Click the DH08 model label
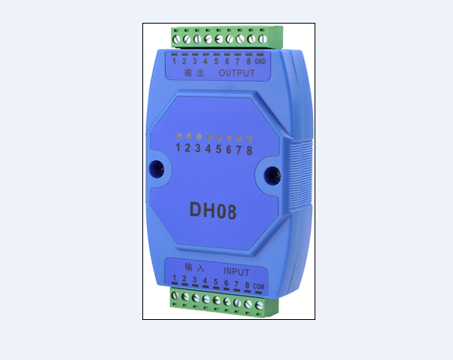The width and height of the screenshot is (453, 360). click(x=213, y=210)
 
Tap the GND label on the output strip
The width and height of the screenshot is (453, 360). click(x=260, y=61)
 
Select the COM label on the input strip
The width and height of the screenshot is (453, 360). click(x=259, y=286)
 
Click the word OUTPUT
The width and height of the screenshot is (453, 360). click(x=237, y=73)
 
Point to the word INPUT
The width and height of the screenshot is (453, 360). click(x=236, y=272)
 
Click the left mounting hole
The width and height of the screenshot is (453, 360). click(x=157, y=169)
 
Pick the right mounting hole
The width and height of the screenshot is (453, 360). click(x=272, y=175)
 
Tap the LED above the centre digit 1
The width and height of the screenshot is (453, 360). click(x=179, y=136)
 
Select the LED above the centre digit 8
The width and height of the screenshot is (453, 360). click(x=249, y=139)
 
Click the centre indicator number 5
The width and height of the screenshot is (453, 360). click(x=219, y=149)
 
